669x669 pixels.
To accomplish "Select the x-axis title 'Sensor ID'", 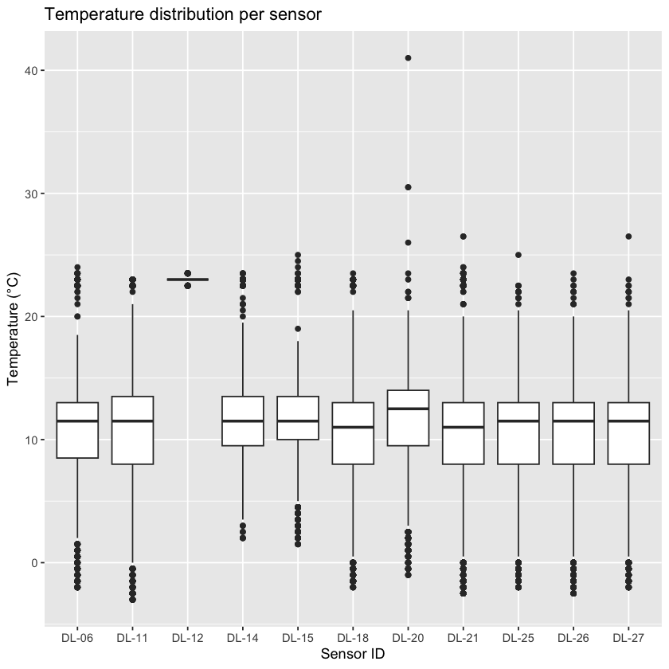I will point(353,654).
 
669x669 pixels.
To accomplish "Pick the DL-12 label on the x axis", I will point(187,637).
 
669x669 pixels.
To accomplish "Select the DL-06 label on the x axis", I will point(77,637).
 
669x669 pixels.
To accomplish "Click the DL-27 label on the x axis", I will point(628,637).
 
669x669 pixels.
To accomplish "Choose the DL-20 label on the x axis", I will point(408,637).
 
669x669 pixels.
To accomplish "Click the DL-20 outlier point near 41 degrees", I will point(408,58).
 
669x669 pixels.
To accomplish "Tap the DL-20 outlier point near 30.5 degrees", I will point(408,187).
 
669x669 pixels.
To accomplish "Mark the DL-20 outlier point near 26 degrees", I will point(408,243).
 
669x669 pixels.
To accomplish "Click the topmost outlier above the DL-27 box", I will point(628,237).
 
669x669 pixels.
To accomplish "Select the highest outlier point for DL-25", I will point(518,255).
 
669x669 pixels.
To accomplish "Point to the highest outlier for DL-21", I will point(463,237).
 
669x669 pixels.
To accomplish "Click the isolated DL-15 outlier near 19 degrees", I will point(298,329).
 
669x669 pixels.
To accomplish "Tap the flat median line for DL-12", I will point(187,280).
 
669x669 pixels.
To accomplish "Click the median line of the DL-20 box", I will point(408,409).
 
